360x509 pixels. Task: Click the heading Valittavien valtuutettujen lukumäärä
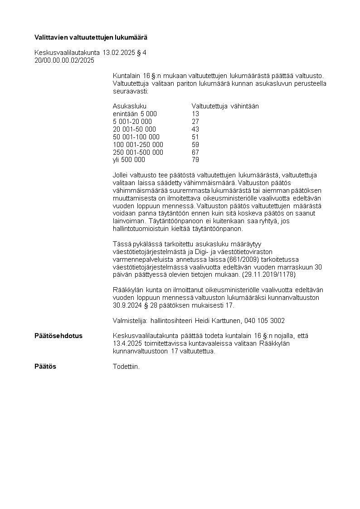[x=91, y=37]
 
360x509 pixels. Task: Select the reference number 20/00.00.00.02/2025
[x=64, y=60]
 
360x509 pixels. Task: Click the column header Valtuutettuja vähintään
[x=225, y=106]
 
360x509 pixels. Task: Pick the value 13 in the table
[x=195, y=114]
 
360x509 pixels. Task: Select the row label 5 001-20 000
[x=132, y=122]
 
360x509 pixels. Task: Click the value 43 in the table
[x=195, y=129]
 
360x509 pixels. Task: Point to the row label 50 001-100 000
[x=136, y=137]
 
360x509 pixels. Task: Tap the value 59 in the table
[x=195, y=145]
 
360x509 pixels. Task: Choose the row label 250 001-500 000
[x=138, y=152]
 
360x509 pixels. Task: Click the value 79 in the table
[x=195, y=160]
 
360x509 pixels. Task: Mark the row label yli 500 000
[x=129, y=160]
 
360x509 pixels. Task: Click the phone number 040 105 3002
[x=264, y=321]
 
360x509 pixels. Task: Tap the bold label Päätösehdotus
[x=58, y=336]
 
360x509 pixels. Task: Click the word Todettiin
[x=126, y=366]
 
